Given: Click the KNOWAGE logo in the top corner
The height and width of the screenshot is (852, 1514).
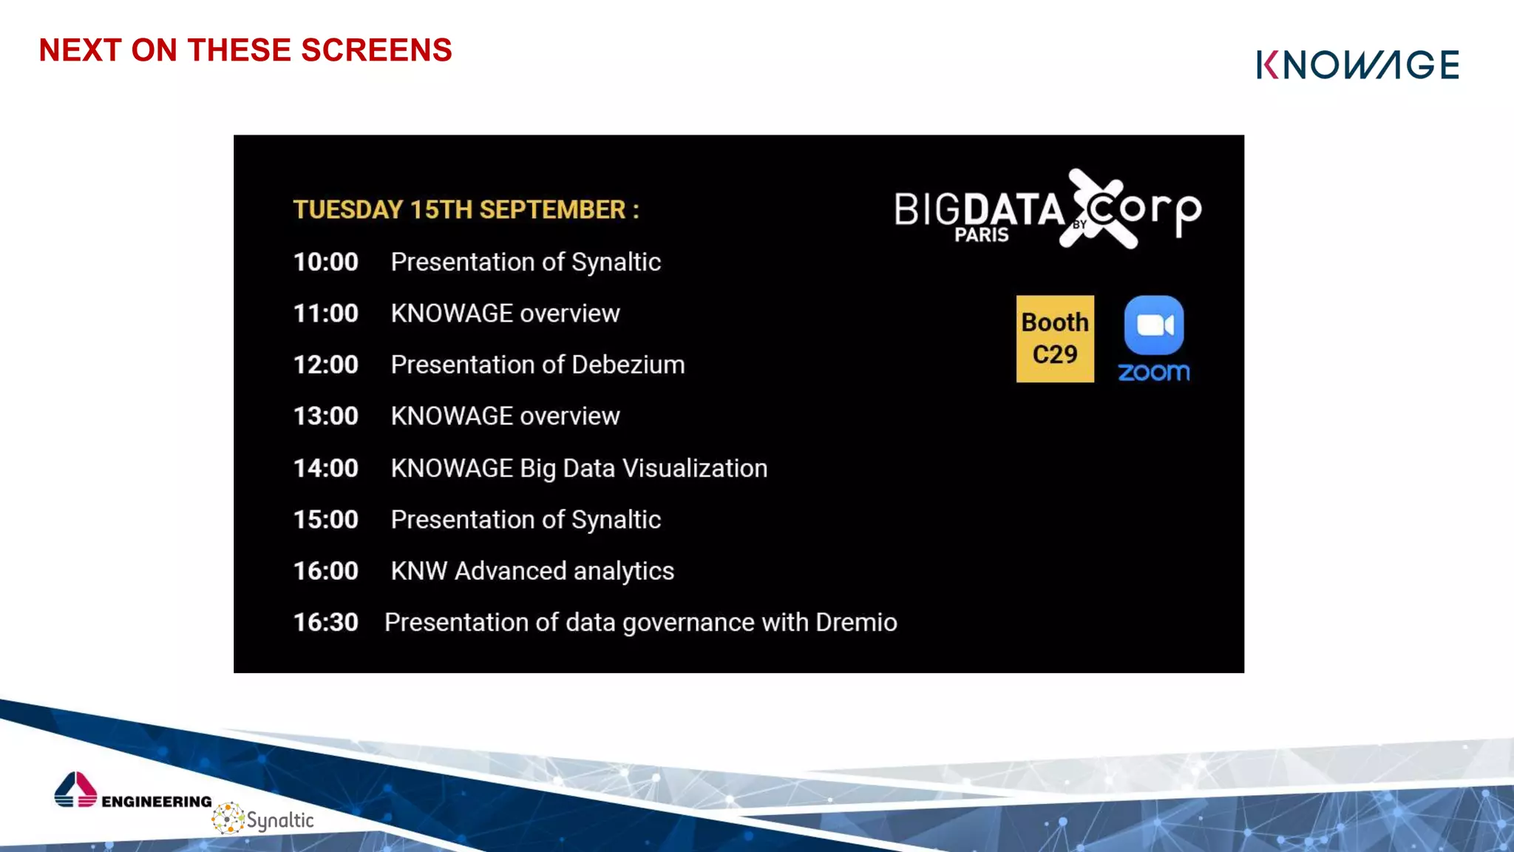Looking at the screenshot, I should click(1357, 65).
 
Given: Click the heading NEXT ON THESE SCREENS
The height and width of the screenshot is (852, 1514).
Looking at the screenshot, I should click(245, 50).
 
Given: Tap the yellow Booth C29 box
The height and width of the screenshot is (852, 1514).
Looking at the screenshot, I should click(1054, 339).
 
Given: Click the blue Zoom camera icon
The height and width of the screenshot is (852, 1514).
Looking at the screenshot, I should click(1153, 325).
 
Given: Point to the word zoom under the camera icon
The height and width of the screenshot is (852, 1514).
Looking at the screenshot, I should click(1153, 372).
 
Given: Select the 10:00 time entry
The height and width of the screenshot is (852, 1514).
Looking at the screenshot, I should click(325, 262).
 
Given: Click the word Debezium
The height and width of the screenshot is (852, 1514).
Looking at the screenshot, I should click(628, 365).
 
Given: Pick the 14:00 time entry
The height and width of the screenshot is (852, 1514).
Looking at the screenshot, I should click(325, 468).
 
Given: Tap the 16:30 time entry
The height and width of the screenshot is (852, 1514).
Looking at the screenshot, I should click(325, 622).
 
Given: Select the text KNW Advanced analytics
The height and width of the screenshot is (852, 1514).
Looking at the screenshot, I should click(532, 571).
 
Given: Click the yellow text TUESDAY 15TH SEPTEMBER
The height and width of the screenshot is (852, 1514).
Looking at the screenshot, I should click(465, 210).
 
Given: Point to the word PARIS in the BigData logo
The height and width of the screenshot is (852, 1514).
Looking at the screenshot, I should click(981, 235).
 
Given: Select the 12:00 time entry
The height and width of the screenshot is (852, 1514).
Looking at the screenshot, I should click(325, 365).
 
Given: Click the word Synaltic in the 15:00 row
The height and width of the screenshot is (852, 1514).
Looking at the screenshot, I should click(616, 520).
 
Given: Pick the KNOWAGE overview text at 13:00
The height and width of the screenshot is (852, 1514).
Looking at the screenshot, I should click(505, 416).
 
